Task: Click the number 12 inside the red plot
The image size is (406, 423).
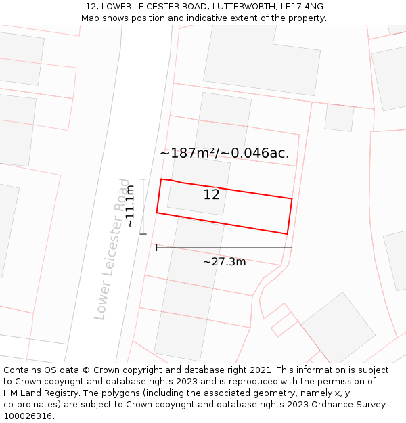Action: tap(211, 195)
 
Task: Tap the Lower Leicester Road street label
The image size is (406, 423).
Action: tap(112, 249)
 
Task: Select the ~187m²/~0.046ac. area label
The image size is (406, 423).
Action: tap(224, 153)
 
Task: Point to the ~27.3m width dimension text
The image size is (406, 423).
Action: tap(224, 261)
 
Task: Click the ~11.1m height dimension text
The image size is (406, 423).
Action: tap(130, 206)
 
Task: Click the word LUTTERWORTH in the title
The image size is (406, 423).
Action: tap(223, 7)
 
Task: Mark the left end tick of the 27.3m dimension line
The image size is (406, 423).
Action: tap(157, 248)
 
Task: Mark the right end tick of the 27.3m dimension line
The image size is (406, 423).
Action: tap(292, 248)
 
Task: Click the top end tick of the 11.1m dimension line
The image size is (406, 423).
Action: tap(143, 179)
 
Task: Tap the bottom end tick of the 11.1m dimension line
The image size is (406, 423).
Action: tap(143, 234)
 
